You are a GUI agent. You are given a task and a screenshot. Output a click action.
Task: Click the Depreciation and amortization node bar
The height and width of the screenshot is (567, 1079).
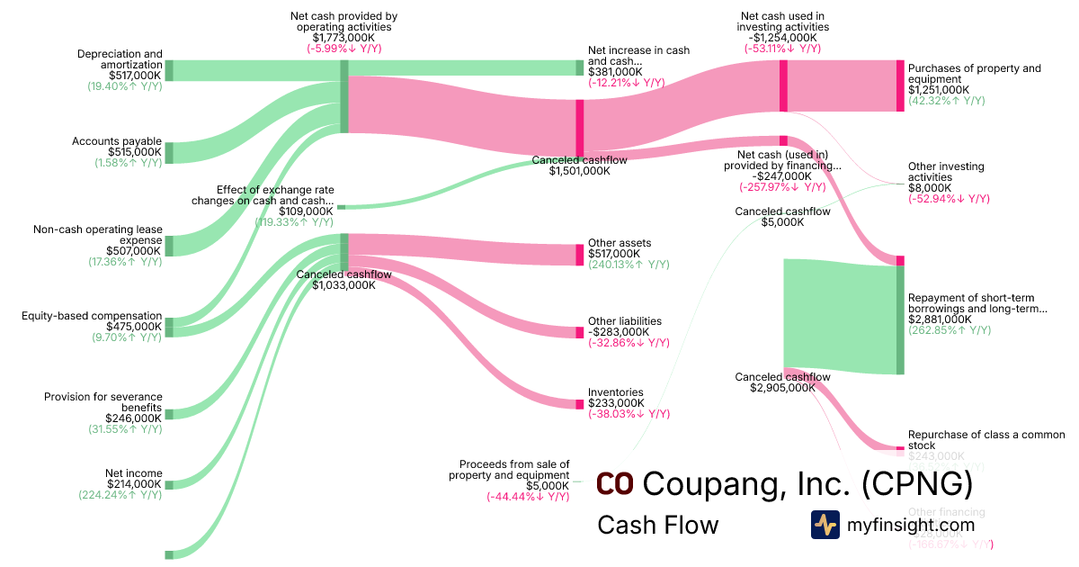click(168, 70)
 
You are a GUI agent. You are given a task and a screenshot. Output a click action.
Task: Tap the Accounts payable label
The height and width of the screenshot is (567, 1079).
click(117, 141)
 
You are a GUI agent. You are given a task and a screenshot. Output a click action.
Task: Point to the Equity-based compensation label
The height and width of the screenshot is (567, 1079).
click(92, 316)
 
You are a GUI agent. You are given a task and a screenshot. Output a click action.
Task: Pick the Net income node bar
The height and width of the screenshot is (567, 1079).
click(168, 483)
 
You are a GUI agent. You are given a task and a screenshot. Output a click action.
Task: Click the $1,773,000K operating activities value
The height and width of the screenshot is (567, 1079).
click(343, 38)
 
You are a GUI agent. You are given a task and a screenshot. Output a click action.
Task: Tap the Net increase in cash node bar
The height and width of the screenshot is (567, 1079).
click(580, 67)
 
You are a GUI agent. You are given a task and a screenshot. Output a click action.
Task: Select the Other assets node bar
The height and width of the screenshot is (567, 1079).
click(580, 255)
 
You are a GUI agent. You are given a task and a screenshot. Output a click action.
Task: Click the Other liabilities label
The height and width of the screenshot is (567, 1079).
click(624, 321)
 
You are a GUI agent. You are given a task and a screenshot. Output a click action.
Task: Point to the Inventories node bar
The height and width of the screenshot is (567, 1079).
click(580, 404)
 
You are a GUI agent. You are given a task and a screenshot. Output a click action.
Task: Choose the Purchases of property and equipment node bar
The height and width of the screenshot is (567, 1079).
click(900, 85)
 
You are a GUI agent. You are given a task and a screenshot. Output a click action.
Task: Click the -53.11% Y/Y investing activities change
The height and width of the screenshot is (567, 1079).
click(782, 49)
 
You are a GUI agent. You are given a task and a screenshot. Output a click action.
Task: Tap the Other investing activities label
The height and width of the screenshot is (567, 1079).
click(946, 172)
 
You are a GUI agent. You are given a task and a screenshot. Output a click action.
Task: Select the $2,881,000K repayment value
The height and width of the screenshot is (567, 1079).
click(940, 319)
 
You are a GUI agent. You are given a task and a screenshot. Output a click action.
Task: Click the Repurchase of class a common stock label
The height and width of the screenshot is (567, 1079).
click(985, 439)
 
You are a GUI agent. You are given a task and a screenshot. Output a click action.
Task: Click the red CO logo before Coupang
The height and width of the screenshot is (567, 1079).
click(615, 483)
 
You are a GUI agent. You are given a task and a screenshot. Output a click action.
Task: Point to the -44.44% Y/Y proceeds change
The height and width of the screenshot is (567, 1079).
click(528, 497)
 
